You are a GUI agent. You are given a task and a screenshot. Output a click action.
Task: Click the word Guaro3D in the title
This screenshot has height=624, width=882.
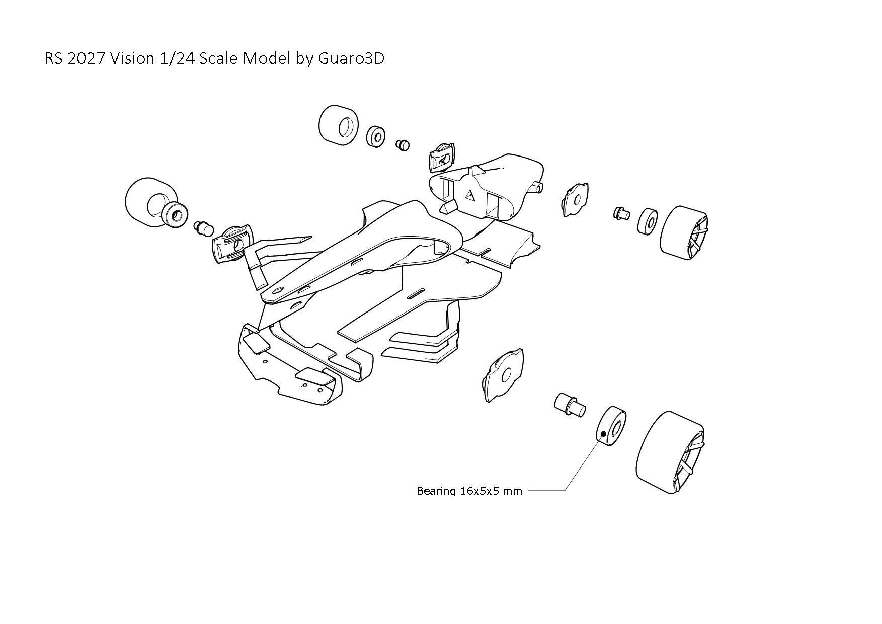tap(351, 59)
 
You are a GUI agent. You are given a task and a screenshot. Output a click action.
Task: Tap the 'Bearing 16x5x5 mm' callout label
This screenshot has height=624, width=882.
tap(469, 491)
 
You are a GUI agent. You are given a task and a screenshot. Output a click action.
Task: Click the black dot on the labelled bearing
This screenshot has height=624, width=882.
tap(603, 434)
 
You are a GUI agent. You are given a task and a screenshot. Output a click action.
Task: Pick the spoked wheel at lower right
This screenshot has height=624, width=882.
tap(670, 453)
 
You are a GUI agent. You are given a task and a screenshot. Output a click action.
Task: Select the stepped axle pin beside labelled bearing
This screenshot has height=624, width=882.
tap(569, 404)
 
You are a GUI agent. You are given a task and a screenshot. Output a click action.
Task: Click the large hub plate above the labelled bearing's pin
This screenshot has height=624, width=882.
tap(503, 375)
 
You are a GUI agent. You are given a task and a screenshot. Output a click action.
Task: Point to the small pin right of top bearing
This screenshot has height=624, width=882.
tap(403, 145)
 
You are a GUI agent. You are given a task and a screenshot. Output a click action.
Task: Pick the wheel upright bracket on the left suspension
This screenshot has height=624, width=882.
tap(232, 243)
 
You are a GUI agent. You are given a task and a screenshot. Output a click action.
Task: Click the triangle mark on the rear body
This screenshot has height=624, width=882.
tap(470, 195)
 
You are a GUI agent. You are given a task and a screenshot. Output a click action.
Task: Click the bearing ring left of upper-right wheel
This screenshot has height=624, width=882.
tap(648, 221)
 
